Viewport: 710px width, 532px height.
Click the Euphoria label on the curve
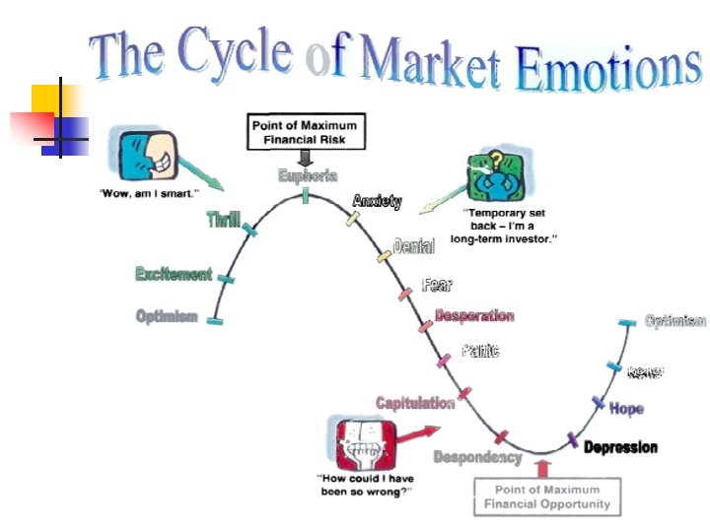(x=308, y=176)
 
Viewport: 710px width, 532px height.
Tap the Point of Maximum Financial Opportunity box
(x=546, y=496)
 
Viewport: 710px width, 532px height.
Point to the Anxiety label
(x=377, y=201)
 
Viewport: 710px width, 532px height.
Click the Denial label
(x=413, y=246)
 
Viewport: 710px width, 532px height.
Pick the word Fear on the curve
(x=437, y=285)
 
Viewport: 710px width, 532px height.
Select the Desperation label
(x=474, y=316)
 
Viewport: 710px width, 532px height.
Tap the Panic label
(x=480, y=351)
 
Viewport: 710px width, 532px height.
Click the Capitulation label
(x=415, y=402)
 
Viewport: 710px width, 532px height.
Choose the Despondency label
(x=477, y=457)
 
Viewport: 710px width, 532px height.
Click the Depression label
(x=620, y=447)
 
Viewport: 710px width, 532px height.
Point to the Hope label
(x=626, y=408)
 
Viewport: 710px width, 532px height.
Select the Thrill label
(x=224, y=220)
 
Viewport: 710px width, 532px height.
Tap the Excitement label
(x=174, y=274)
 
